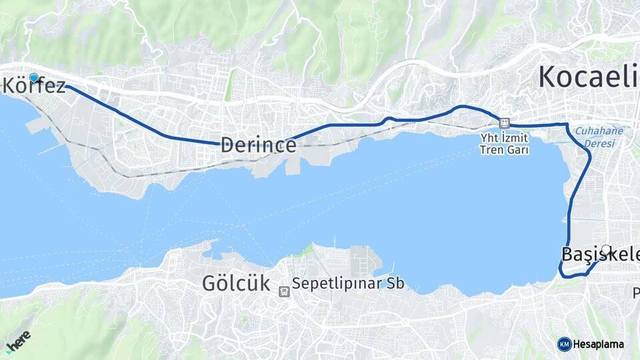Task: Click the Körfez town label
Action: [x=36, y=86]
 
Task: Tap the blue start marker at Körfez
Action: [x=34, y=77]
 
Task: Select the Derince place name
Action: [x=258, y=145]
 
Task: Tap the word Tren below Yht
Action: [x=492, y=150]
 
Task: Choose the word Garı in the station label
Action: [x=519, y=150]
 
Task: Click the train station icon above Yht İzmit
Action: [x=504, y=123]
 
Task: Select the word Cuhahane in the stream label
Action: [x=599, y=131]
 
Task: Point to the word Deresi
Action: [x=599, y=143]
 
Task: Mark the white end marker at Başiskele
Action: [x=605, y=249]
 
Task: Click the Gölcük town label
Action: [x=236, y=283]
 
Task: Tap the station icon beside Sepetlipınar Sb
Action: [x=284, y=291]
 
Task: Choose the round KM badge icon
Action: [x=564, y=344]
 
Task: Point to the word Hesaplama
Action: [x=599, y=344]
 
